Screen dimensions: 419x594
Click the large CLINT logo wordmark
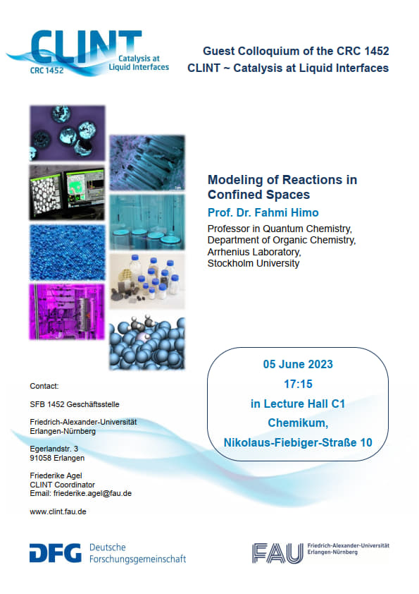(86, 47)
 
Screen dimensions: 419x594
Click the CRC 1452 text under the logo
(47, 71)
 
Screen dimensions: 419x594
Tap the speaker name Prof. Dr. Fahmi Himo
(263, 212)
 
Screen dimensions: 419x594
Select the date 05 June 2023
(298, 365)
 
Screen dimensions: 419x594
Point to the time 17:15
(298, 384)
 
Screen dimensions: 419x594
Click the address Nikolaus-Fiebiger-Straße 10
(298, 442)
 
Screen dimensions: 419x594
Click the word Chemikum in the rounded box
(298, 423)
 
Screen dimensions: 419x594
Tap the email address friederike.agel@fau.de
(92, 493)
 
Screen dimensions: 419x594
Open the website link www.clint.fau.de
(58, 511)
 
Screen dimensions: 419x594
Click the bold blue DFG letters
(55, 553)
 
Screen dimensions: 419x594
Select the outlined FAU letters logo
(278, 553)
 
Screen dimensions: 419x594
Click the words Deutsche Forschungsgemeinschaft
(137, 553)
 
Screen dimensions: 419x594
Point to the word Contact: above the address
(44, 386)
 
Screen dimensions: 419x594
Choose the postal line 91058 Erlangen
(57, 458)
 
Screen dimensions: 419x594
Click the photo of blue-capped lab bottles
(147, 281)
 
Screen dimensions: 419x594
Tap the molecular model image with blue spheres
(147, 343)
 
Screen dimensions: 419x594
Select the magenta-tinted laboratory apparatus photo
(68, 312)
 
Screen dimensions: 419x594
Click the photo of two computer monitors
(68, 193)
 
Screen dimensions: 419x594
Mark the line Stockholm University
(254, 263)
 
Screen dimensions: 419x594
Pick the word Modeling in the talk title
(233, 180)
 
